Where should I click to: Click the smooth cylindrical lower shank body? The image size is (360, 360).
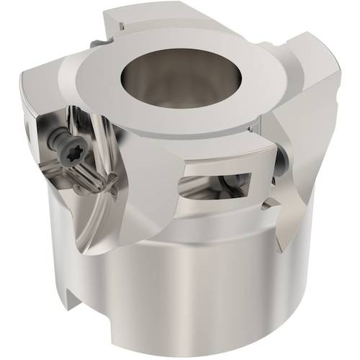coord(180,288)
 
